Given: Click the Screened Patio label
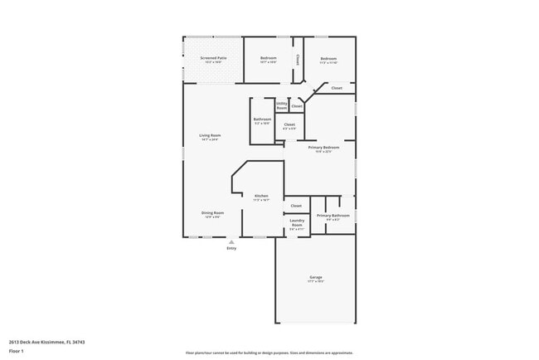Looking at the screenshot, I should click(213, 58).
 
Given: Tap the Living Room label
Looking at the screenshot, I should click(210, 135).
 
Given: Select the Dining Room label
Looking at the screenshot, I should click(212, 212).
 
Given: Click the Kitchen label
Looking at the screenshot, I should click(261, 196).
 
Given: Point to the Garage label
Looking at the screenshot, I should click(316, 277).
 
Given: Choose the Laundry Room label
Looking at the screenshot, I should click(296, 222).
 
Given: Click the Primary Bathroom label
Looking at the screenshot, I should click(333, 215).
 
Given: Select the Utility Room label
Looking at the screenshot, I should click(282, 105).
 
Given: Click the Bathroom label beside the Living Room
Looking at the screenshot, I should click(262, 119).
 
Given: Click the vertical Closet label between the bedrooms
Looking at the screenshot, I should click(299, 60).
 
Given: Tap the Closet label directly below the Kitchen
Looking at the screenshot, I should click(296, 205).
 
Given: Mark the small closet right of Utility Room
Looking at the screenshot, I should click(297, 106).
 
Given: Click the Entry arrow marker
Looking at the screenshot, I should click(231, 242).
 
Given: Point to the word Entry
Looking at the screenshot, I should click(231, 248).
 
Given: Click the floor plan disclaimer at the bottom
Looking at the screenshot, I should click(269, 353).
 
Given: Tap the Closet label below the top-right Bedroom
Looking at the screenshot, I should click(337, 88).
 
